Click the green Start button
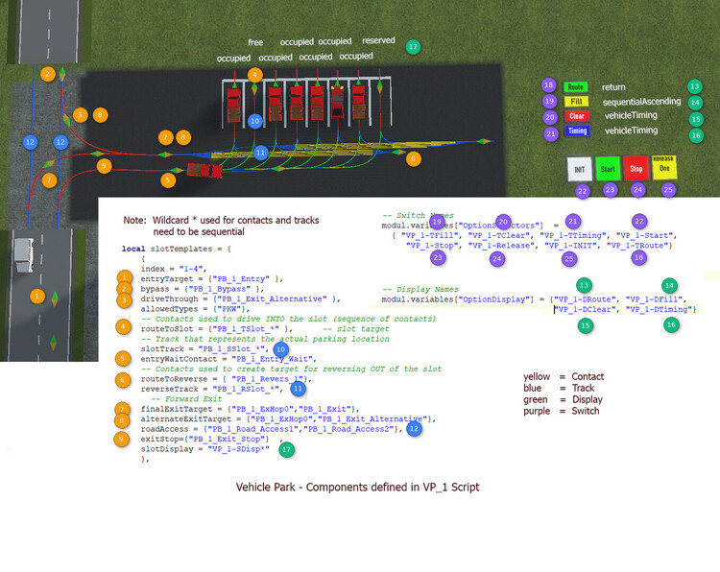pyautogui.click(x=607, y=168)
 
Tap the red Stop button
pyautogui.click(x=636, y=168)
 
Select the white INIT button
pyautogui.click(x=578, y=168)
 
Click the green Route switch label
pyautogui.click(x=576, y=86)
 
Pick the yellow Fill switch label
pyautogui.click(x=576, y=101)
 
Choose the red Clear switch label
pyautogui.click(x=576, y=116)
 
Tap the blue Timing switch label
pyautogui.click(x=577, y=131)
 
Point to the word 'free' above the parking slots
pyautogui.click(x=255, y=43)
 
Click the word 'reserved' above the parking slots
pyautogui.click(x=378, y=41)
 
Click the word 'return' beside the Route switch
pyautogui.click(x=613, y=86)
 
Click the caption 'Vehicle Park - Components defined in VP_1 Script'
pyautogui.click(x=358, y=488)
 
